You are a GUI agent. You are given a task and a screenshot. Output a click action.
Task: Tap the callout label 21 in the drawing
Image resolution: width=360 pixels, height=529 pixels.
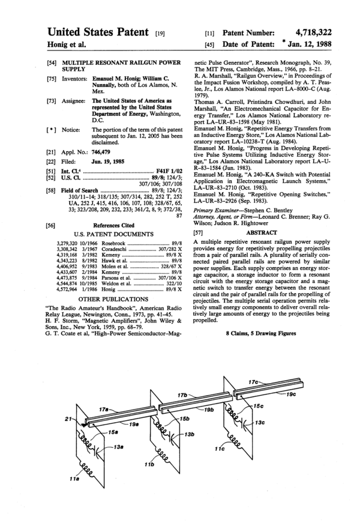(x=67, y=418)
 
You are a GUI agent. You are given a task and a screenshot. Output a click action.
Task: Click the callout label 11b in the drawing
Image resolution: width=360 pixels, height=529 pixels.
(x=148, y=466)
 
